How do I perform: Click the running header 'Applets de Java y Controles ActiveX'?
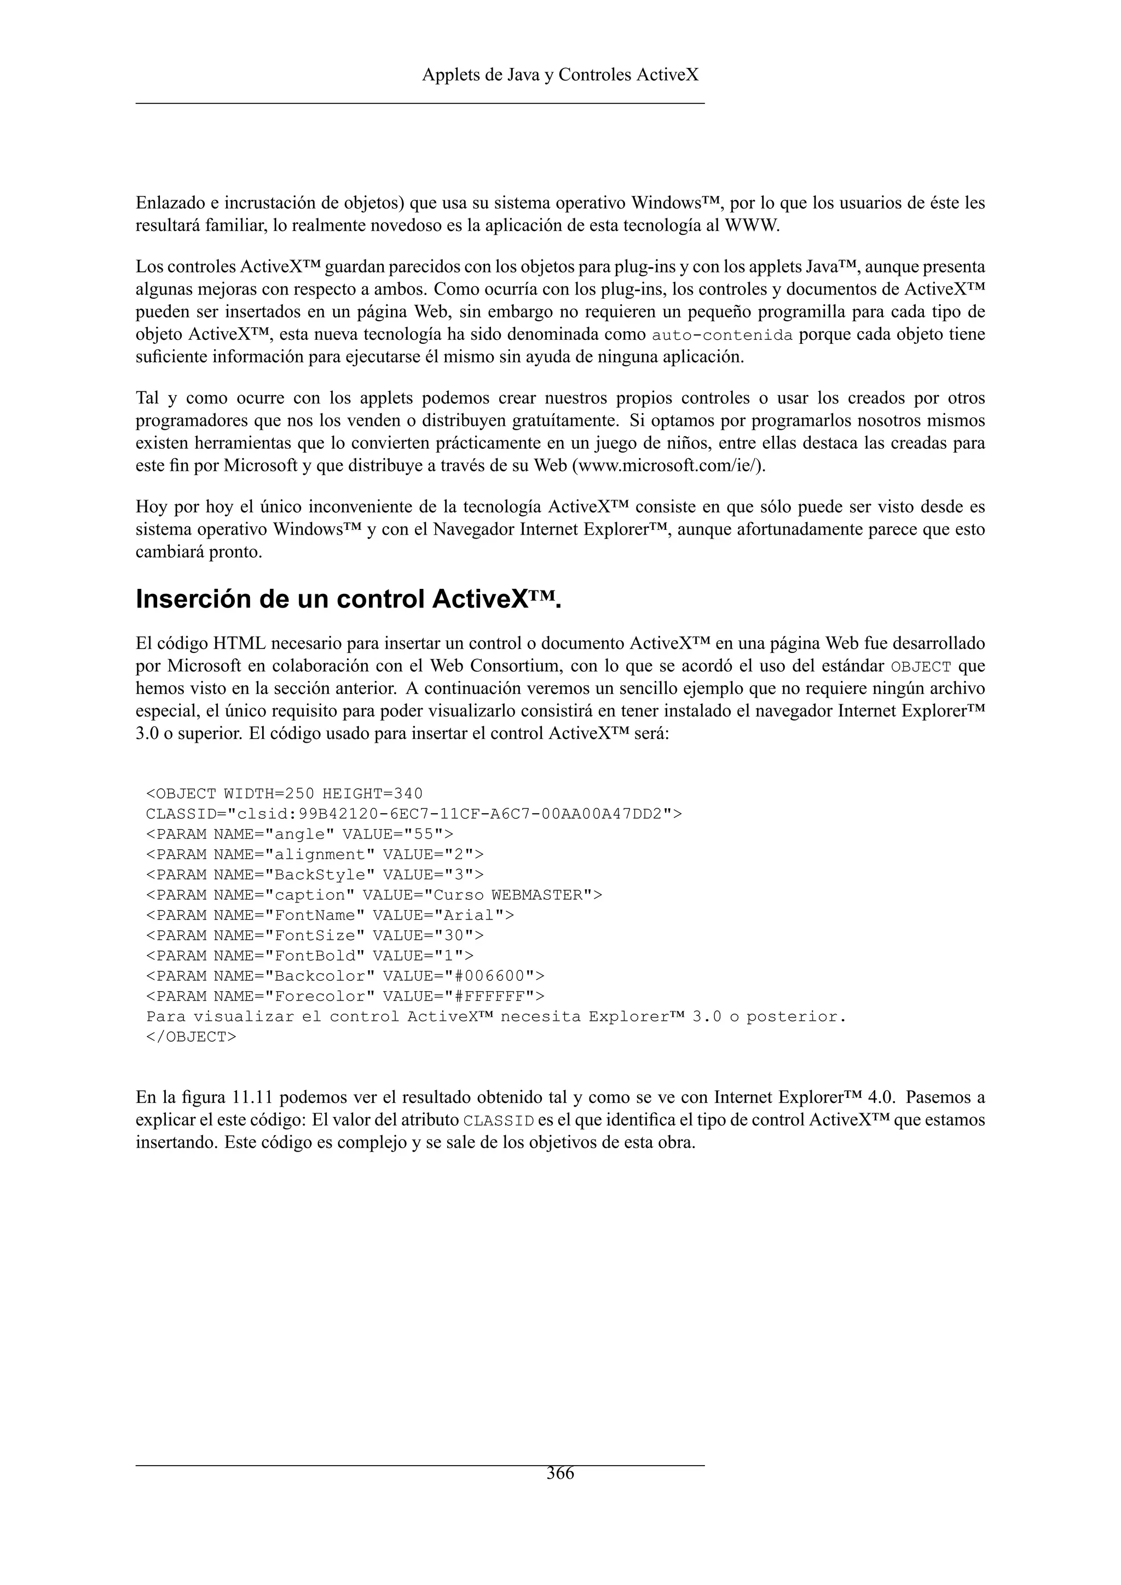[x=560, y=74]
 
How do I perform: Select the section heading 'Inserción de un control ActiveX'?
[x=349, y=599]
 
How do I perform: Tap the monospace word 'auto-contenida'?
[x=722, y=335]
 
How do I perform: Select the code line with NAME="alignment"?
[x=315, y=855]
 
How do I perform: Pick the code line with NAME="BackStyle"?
[x=315, y=875]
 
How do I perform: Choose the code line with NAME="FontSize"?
[x=315, y=935]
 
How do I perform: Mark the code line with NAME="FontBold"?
[x=310, y=956]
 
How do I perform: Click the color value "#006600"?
[x=492, y=976]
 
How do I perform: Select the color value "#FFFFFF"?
[x=492, y=996]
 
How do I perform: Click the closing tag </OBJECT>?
[x=191, y=1037]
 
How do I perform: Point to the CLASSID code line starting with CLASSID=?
[x=413, y=814]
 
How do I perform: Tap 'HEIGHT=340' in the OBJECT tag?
[x=373, y=794]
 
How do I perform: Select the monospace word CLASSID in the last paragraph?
[x=499, y=1120]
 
